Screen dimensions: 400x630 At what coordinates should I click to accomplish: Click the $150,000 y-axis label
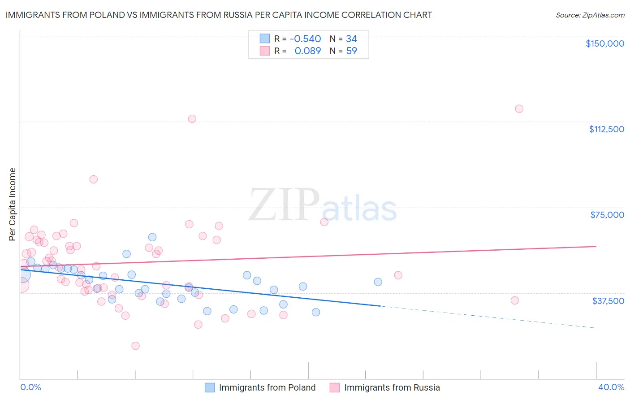(604, 43)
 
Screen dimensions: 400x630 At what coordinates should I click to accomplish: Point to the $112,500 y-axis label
(606, 129)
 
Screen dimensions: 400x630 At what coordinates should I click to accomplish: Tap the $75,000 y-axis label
(607, 215)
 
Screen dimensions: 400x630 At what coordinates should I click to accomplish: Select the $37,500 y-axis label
(608, 301)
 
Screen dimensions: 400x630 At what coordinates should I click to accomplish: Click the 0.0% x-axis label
(30, 387)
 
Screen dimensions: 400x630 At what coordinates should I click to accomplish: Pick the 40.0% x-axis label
(611, 387)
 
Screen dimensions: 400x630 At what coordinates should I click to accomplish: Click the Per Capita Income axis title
(13, 204)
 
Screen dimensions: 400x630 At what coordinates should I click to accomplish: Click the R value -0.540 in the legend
(305, 39)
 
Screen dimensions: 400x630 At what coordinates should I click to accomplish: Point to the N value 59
(351, 51)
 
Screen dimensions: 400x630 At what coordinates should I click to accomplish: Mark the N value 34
(351, 39)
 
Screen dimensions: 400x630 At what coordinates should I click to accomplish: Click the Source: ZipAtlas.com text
(590, 15)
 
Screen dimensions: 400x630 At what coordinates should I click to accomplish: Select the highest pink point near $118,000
(519, 109)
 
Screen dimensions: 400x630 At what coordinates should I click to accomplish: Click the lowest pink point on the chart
(135, 346)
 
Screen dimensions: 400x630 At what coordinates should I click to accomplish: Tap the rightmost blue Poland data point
(378, 282)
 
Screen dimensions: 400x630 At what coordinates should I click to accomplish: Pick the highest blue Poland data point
(152, 237)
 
